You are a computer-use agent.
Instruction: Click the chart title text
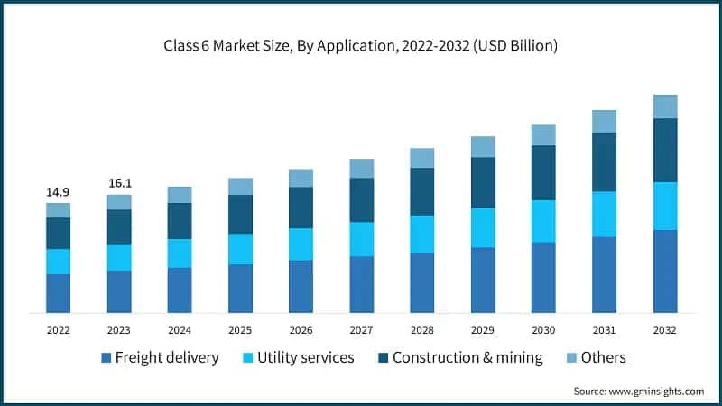coord(360,46)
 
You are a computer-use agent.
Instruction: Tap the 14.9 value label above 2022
coord(59,192)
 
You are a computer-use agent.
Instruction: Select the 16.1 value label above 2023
coord(119,183)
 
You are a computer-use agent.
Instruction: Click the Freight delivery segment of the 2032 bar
coord(665,272)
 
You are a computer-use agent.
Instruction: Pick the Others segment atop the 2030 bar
coord(543,134)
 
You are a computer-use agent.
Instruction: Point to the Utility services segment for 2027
coord(362,239)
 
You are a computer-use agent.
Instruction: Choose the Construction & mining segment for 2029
coord(483,182)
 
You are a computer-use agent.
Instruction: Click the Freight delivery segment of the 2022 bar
coord(59,293)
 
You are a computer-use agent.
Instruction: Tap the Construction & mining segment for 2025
coord(240,214)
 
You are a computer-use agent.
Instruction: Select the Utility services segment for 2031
coord(604,214)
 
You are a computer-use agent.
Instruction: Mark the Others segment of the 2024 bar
coord(180,195)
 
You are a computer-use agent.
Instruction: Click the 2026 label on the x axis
coord(301,331)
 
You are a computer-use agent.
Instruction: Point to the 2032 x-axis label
coord(665,331)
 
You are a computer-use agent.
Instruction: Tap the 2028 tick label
coord(422,331)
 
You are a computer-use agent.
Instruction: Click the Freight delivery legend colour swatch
coord(106,358)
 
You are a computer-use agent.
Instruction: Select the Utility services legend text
coord(306,358)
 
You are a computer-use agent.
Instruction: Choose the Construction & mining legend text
coord(467,358)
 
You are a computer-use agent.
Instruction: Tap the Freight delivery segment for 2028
coord(422,282)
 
